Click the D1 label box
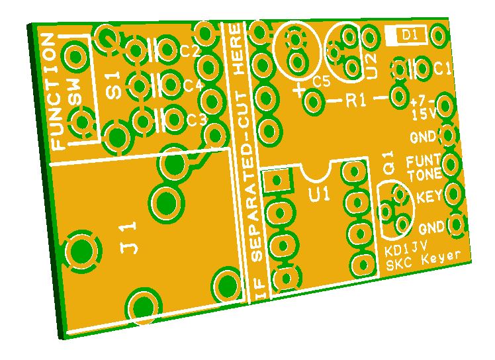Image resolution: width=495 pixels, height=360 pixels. [406, 35]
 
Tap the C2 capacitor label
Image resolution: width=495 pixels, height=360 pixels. [190, 50]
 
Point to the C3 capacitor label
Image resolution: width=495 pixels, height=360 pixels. [197, 119]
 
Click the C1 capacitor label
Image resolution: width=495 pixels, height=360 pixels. [442, 68]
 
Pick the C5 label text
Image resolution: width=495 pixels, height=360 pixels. [322, 82]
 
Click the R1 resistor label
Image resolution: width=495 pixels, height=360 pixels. [356, 101]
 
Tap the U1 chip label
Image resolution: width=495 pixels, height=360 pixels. [320, 194]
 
